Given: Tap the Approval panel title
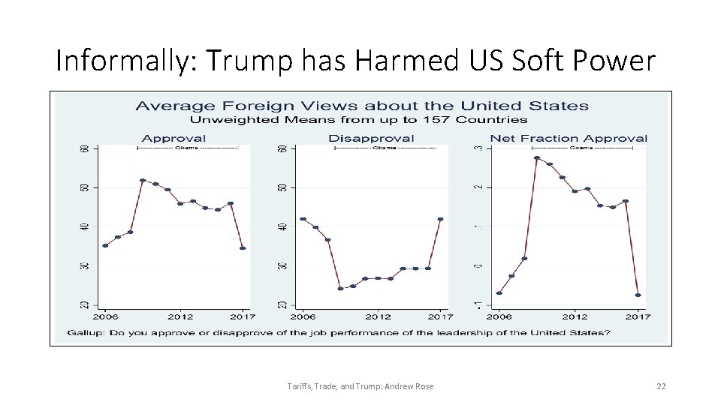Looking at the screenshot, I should pos(173,138).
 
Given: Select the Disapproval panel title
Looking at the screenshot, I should pos(371,138).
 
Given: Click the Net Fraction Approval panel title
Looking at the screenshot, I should pos(569,138).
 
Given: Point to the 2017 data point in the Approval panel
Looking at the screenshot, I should pos(243,248).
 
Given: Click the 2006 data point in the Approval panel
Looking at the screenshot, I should pos(105,245).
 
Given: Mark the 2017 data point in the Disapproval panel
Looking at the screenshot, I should pos(440,219).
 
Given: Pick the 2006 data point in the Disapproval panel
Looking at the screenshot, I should pos(302,219).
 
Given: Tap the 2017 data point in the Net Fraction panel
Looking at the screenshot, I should pos(638,295).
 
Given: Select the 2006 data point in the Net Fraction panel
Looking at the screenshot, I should pos(499,293).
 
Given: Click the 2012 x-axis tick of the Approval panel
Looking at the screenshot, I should pos(180,316).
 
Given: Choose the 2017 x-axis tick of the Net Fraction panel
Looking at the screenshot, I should pos(638,316).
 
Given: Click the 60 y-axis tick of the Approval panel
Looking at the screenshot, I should pos(84,148).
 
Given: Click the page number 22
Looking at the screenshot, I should pos(661,386).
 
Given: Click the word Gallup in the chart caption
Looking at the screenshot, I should pos(86,332).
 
